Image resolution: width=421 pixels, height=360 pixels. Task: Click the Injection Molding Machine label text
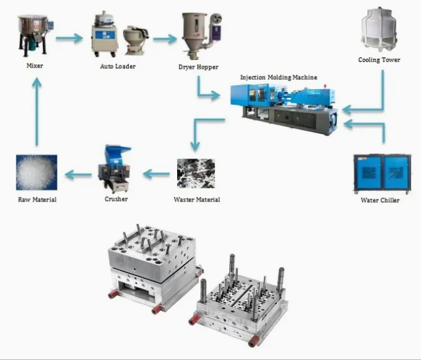click(278, 77)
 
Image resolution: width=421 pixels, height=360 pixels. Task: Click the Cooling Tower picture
click(379, 30)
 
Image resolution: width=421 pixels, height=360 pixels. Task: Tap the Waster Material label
click(197, 199)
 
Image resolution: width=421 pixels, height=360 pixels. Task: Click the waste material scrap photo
click(196, 173)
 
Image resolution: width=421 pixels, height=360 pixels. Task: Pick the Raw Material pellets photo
click(36, 172)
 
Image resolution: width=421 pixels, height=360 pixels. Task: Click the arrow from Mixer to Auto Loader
click(70, 38)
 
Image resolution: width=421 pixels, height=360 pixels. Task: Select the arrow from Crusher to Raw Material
click(78, 174)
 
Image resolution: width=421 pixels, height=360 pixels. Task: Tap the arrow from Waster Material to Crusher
click(157, 174)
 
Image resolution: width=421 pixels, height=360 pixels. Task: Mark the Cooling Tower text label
click(379, 60)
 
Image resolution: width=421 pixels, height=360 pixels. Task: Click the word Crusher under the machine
click(116, 199)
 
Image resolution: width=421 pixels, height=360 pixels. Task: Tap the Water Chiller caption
click(380, 200)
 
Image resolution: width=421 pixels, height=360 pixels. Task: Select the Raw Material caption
click(36, 199)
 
